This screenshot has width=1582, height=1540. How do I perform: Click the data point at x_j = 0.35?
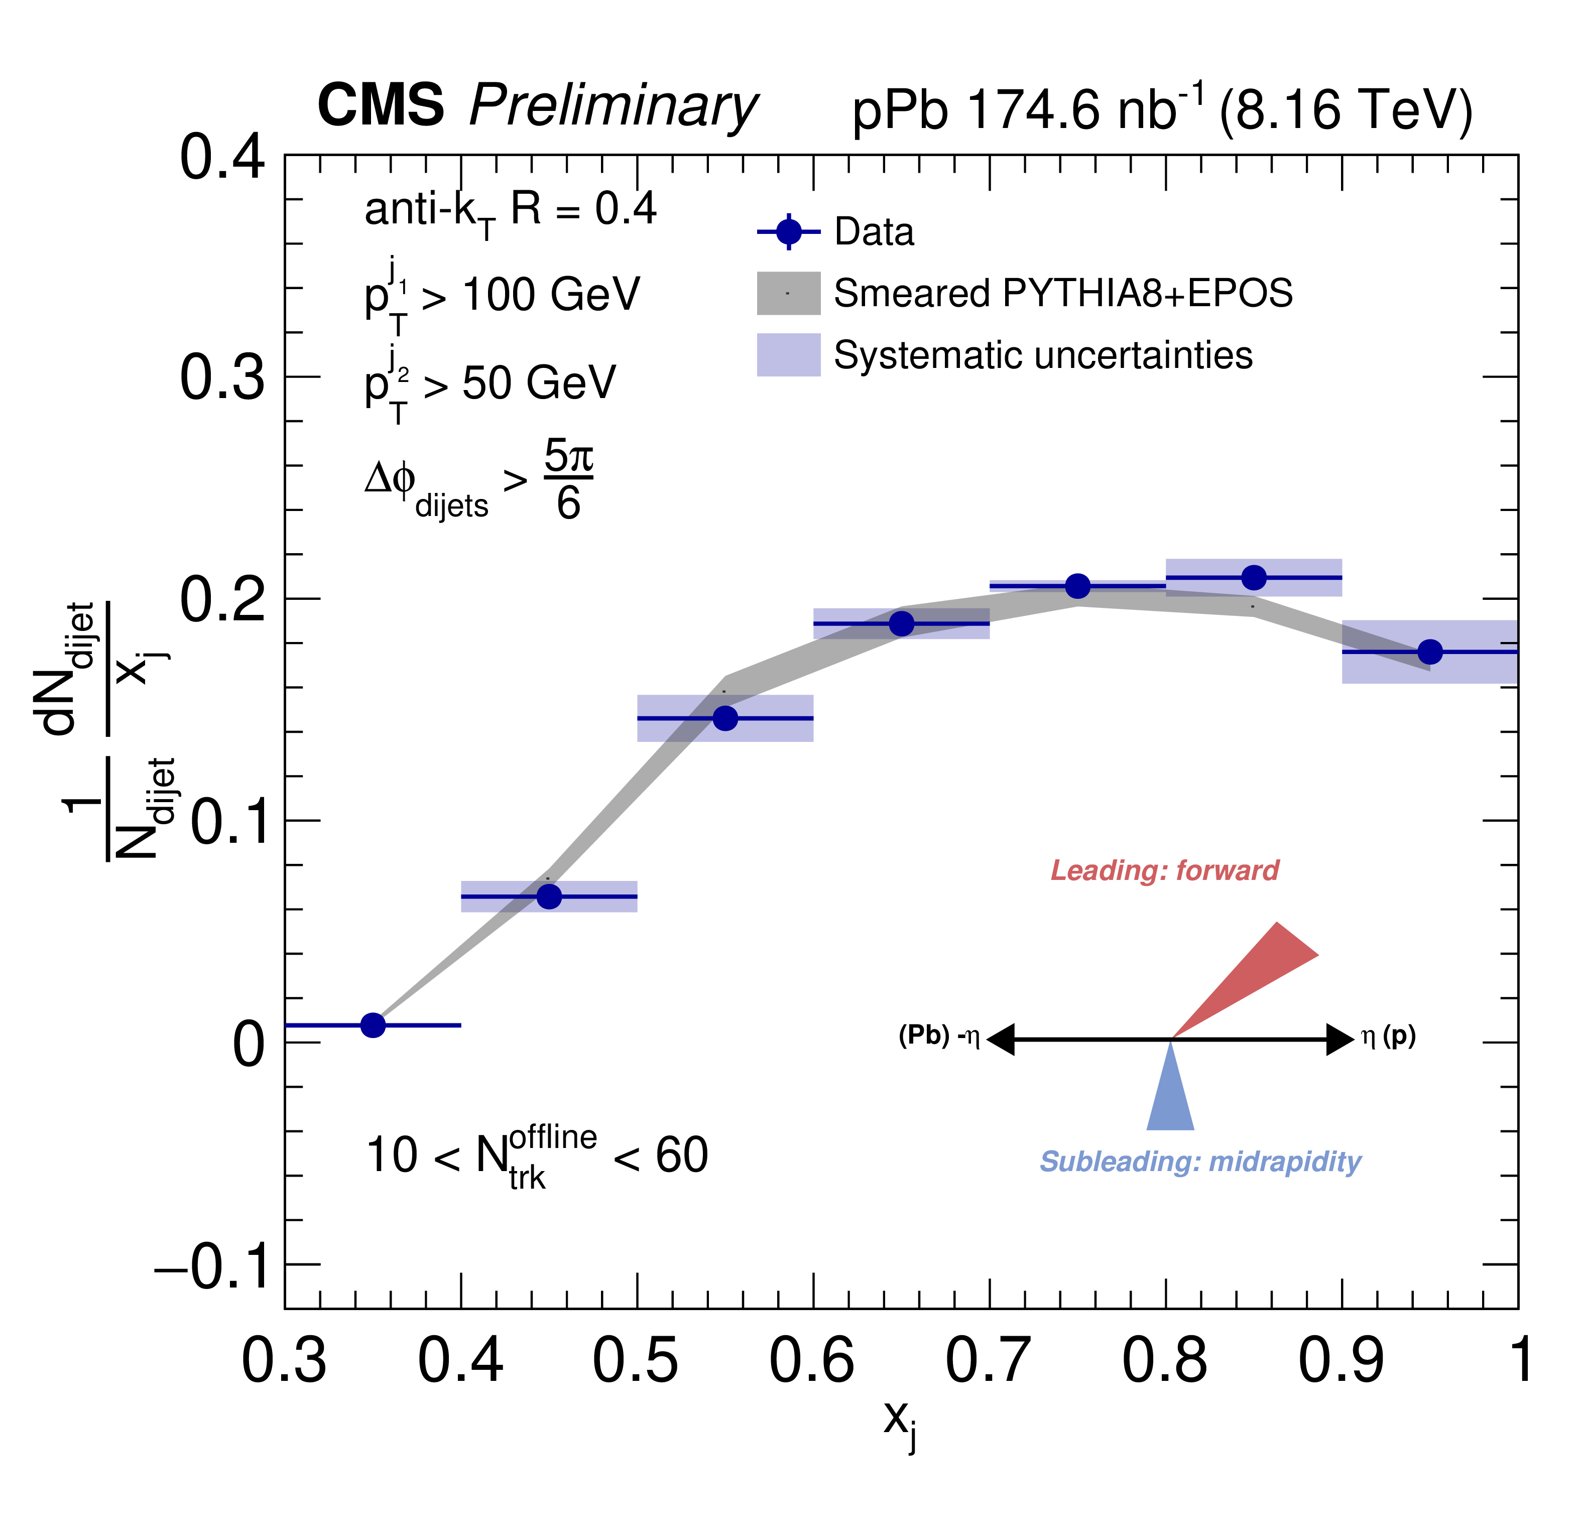[x=373, y=1025]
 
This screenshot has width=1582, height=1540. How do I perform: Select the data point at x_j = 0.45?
[x=549, y=896]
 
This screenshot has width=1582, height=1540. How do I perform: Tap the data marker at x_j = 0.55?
[x=725, y=718]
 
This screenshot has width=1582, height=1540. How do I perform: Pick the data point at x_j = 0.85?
[x=1254, y=577]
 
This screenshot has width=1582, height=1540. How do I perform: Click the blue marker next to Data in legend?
[x=789, y=232]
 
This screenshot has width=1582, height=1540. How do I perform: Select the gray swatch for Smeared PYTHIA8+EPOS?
[x=789, y=293]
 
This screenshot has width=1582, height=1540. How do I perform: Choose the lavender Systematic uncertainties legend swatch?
[x=789, y=354]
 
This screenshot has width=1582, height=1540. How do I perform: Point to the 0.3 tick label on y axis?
[x=221, y=377]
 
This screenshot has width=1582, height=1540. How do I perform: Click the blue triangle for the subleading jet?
[x=1170, y=1092]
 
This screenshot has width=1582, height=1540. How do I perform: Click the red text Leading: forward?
[x=1165, y=870]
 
